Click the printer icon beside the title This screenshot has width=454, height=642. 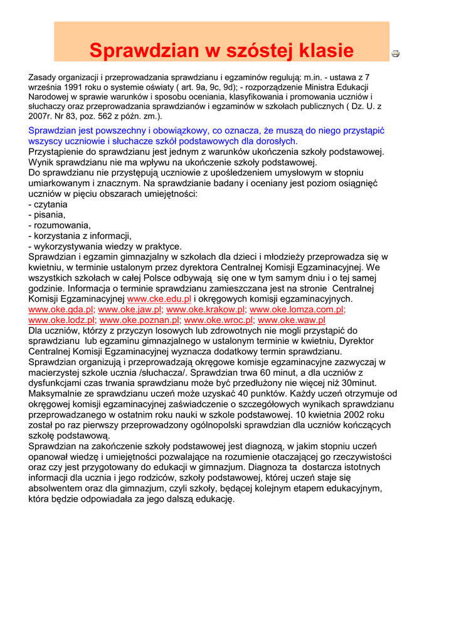pyautogui.click(x=396, y=54)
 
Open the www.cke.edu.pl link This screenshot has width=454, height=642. pyautogui.click(x=159, y=299)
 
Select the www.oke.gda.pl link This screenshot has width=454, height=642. pyautogui.click(x=61, y=310)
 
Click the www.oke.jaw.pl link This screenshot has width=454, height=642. pyautogui.click(x=130, y=310)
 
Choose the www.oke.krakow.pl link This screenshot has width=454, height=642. pyautogui.click(x=205, y=310)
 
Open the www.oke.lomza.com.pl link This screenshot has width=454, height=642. pyautogui.click(x=297, y=310)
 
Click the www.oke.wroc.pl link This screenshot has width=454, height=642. pyautogui.click(x=219, y=320)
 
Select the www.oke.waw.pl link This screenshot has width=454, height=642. pyautogui.click(x=292, y=320)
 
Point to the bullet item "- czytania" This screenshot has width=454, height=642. pyautogui.click(x=48, y=204)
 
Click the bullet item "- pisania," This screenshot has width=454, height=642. pyautogui.click(x=47, y=215)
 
